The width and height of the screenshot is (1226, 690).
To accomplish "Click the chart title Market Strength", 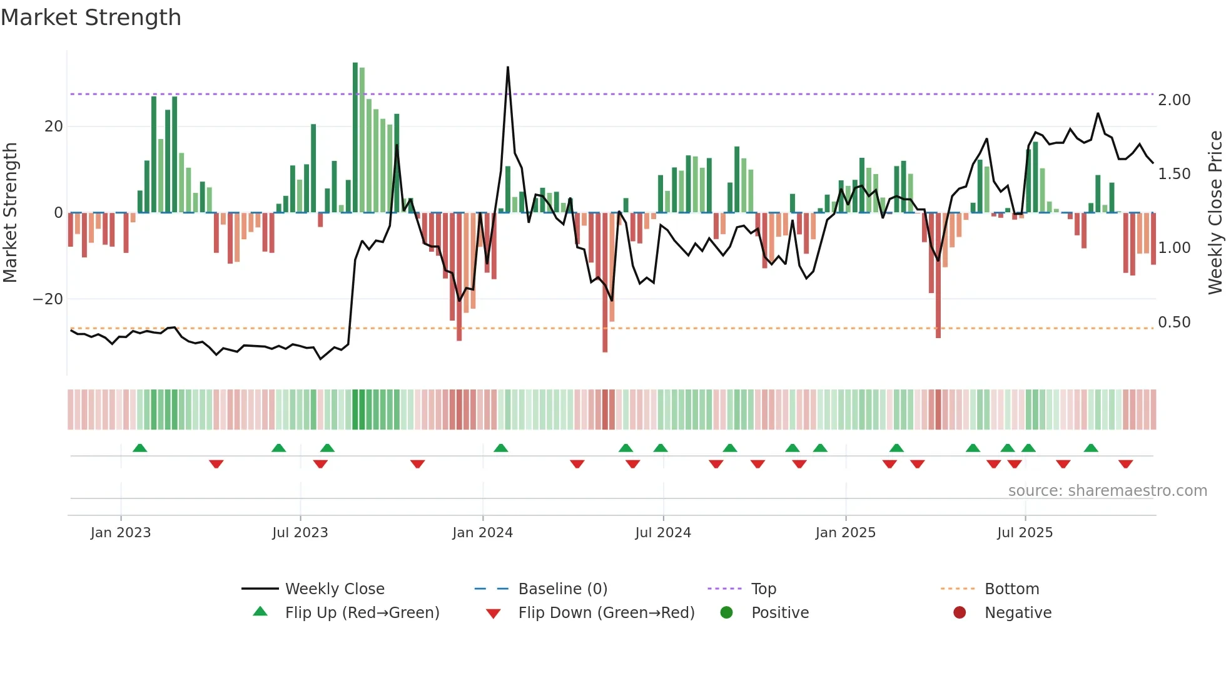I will [x=91, y=18].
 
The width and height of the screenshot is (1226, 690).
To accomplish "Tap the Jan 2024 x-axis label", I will [x=482, y=533].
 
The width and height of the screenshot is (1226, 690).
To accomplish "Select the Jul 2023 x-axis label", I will [x=300, y=533].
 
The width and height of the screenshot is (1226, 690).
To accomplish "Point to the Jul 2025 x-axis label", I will [x=1025, y=533].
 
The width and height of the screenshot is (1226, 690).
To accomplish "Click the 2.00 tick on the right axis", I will [x=1174, y=100].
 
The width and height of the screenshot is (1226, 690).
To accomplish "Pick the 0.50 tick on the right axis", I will [x=1174, y=322].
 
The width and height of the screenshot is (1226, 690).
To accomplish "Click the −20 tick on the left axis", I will [x=48, y=299].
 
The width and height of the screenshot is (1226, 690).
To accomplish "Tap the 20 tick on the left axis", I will [x=54, y=126].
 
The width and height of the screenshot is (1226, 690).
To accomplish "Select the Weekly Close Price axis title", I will [x=1215, y=213].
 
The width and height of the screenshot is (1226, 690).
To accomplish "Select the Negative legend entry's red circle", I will [x=960, y=612].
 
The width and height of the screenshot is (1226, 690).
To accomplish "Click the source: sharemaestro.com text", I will [x=1107, y=491].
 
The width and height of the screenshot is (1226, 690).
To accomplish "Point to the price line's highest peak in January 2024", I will [x=508, y=68].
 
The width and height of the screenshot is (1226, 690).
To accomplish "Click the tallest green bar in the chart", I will [x=355, y=138].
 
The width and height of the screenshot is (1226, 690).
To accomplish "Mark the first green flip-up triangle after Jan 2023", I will [x=140, y=448].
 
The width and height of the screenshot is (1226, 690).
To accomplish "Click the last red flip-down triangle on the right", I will [x=1126, y=464].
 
